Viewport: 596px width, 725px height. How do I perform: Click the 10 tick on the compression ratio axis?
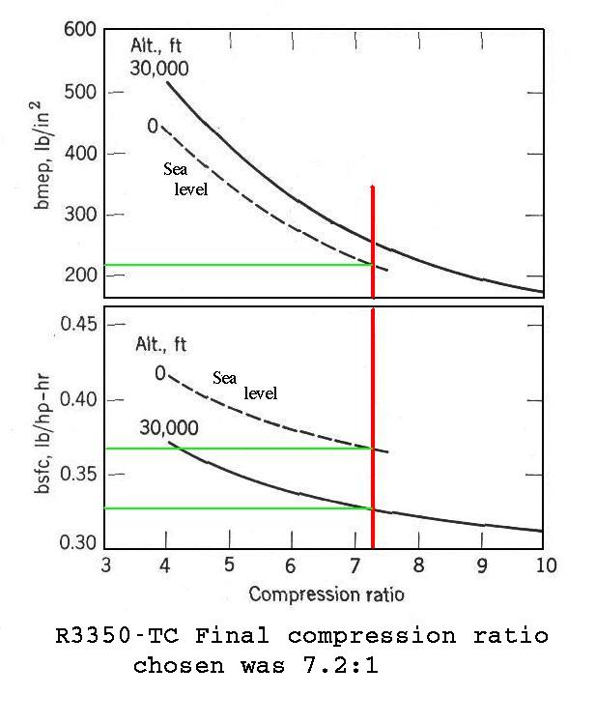click(x=545, y=565)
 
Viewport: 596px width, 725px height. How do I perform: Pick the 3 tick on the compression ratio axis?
click(x=104, y=565)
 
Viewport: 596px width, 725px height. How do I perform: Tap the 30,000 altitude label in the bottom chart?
click(x=169, y=427)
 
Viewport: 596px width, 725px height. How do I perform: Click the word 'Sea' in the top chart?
click(x=175, y=169)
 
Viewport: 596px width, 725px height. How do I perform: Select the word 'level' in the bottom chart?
click(x=260, y=393)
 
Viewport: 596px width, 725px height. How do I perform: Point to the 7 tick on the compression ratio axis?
click(x=355, y=565)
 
